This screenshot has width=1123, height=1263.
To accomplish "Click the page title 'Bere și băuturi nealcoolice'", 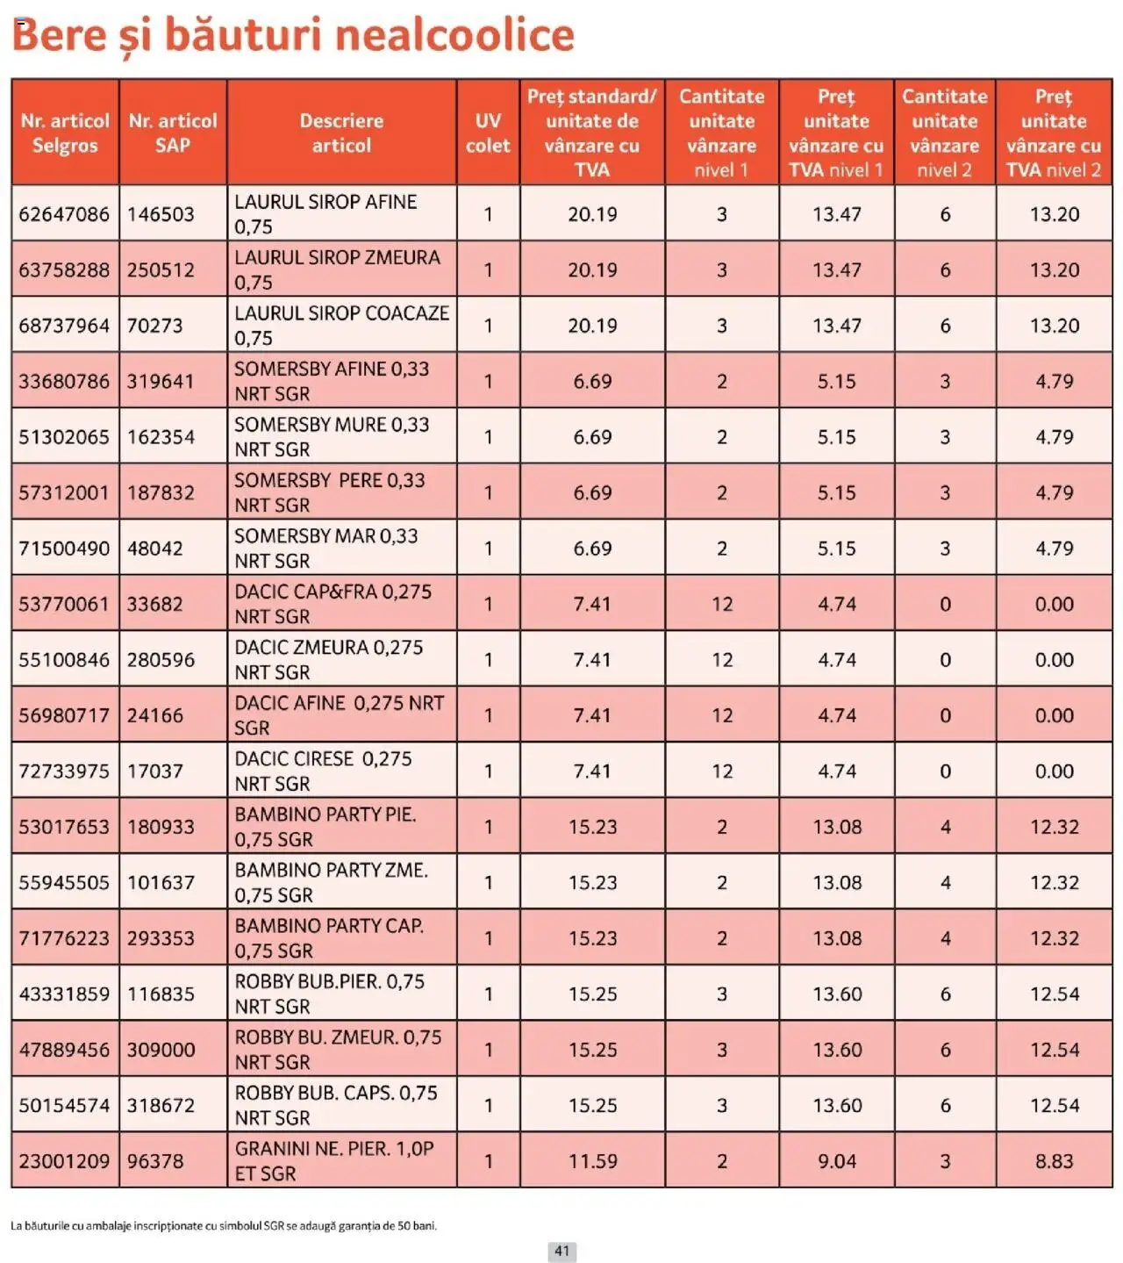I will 293,35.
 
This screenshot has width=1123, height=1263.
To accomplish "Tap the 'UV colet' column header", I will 488,133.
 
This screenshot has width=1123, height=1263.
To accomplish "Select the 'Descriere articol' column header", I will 341,133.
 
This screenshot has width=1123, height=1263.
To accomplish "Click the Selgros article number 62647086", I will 64,214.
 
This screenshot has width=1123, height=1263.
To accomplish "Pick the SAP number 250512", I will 161,270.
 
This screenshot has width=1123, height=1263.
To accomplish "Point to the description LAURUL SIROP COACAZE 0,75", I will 341,326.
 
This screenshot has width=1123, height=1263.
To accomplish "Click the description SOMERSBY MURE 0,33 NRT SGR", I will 332,437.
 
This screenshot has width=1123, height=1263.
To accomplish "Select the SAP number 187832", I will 161,493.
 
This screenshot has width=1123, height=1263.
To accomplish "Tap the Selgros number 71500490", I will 64,549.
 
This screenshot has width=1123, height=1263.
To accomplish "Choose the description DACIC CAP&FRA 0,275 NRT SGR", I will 333,604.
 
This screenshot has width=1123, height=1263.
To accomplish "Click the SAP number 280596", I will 161,660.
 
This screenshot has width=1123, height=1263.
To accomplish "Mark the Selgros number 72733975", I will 64,771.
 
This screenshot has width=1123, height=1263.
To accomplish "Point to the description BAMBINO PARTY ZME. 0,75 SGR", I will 331,882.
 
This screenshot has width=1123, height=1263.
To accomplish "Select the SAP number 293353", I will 161,938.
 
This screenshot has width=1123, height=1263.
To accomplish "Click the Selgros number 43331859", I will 64,994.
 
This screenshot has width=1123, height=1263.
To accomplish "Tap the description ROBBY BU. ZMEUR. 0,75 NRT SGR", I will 338,1050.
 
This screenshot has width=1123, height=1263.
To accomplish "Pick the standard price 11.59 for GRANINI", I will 592,1161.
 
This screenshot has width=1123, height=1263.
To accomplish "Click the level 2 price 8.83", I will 1054,1161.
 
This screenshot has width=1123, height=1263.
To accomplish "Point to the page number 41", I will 562,1251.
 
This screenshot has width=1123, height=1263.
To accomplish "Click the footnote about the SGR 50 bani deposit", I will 224,1225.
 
